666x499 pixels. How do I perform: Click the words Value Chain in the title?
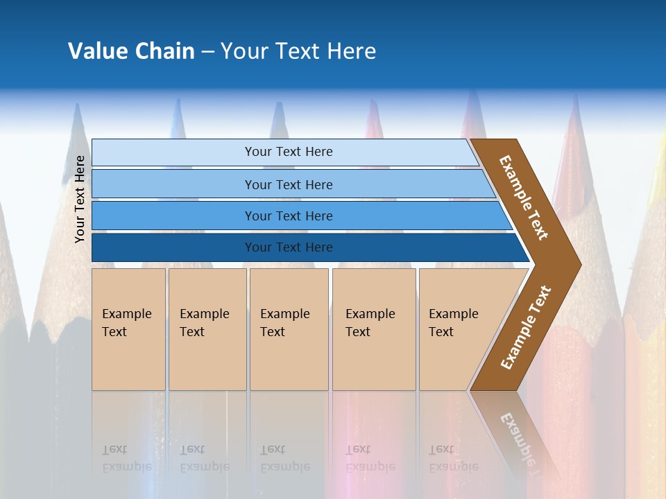[x=131, y=51]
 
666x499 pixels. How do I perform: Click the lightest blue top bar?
[x=173, y=152]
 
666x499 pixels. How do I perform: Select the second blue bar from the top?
[x=173, y=184]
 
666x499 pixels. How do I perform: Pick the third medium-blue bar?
[x=173, y=216]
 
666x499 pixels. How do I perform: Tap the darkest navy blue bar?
[x=173, y=247]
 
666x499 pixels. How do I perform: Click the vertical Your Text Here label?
[x=80, y=199]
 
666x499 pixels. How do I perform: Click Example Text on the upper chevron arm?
[x=524, y=198]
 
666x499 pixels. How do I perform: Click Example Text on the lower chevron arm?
[x=526, y=328]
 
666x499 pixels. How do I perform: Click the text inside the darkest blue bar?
[x=289, y=247]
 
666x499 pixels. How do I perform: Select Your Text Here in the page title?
[x=298, y=51]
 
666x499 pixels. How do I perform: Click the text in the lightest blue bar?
[x=289, y=152]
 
